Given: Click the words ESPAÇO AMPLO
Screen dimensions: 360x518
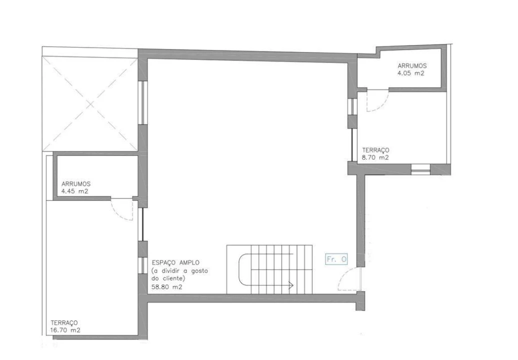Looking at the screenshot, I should coord(175,262).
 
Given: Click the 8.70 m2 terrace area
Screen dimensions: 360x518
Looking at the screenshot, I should coord(375,157).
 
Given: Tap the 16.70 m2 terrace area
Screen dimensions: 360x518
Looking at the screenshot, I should coord(65,330).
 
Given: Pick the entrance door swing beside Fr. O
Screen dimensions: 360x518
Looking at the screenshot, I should coord(348,280).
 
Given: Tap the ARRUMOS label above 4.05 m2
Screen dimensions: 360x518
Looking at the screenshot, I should coord(413,65).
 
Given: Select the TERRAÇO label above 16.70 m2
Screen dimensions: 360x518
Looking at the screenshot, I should coord(64,323).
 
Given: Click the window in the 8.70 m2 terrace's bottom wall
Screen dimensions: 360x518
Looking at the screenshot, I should coord(421,169).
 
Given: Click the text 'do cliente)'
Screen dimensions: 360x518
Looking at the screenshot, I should coord(168,278).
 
